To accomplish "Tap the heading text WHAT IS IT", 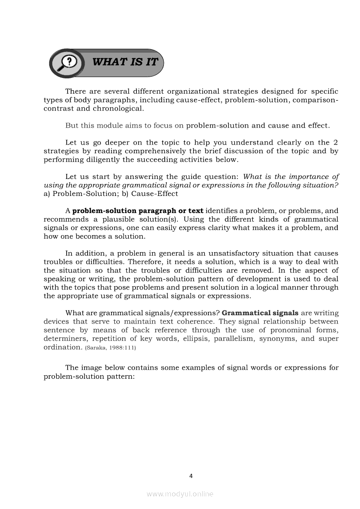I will pos(125,62).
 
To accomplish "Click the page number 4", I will pos(191,475).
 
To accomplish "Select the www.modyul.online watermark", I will pos(180,494).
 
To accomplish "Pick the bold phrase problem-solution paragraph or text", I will pos(138,211).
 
